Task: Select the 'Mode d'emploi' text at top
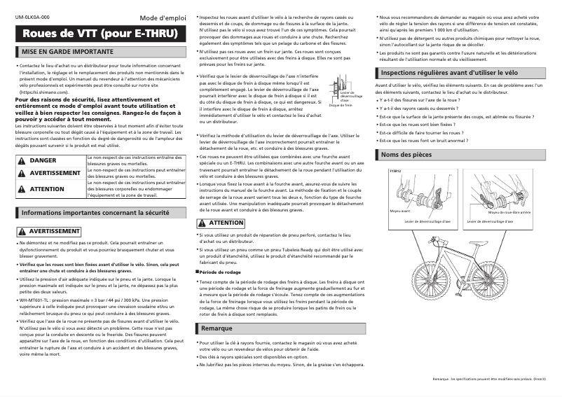click(163, 17)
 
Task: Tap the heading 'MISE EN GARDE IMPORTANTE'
click(67, 52)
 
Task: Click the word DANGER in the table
click(43, 160)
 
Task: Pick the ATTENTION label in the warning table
click(47, 189)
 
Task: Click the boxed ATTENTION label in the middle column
click(221, 223)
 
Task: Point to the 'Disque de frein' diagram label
click(340, 105)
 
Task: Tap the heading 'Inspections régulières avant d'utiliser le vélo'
click(448, 72)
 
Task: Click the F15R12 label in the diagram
click(395, 170)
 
